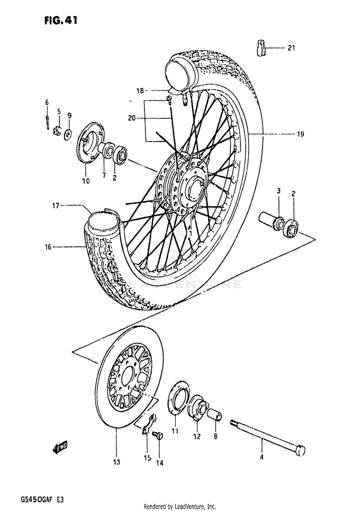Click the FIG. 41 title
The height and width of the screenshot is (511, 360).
pos(60,21)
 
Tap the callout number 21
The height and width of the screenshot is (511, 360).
pos(291,48)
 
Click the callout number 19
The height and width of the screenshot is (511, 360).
pos(300,133)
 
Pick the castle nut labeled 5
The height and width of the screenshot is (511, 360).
pos(58,131)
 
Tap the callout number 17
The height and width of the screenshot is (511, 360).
pos(55,206)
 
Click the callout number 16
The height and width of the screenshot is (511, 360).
pos(48,248)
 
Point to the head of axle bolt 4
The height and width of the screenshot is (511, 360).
pos(300,451)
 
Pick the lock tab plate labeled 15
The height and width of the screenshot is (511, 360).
pos(149,424)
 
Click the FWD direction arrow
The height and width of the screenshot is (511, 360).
pos(60,449)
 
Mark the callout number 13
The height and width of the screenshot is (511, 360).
pos(117,462)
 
